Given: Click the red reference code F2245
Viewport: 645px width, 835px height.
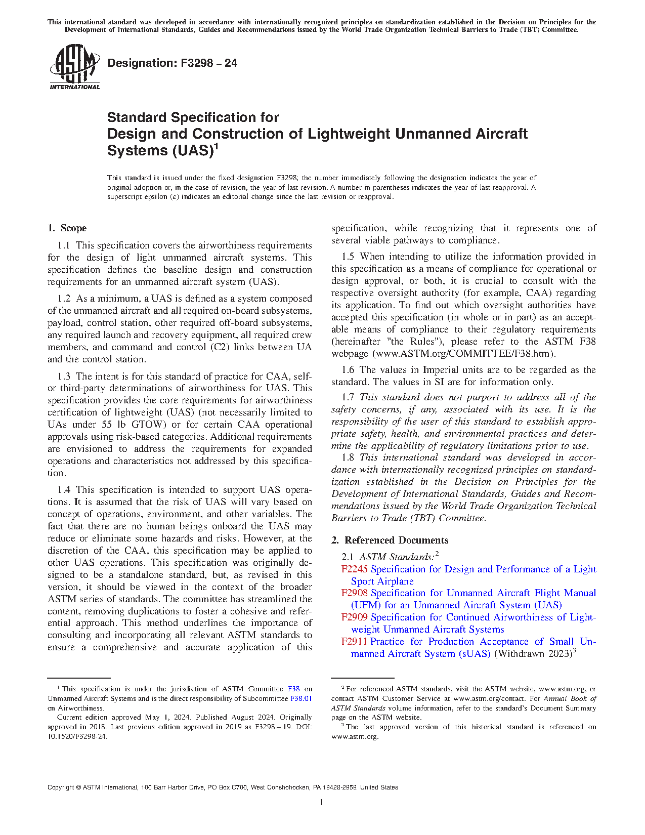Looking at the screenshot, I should (x=354, y=569).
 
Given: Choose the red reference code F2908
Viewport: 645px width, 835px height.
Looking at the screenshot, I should (x=354, y=593).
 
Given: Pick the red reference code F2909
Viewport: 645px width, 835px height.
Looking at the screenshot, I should (x=354, y=617).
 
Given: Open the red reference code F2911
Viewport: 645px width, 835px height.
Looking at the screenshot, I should (x=354, y=642).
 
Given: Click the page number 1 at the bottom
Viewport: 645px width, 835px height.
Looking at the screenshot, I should (x=322, y=802).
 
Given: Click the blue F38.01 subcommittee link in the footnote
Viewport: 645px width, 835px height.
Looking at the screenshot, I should (x=301, y=698).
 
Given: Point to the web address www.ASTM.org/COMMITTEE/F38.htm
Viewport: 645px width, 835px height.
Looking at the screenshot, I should (x=464, y=354).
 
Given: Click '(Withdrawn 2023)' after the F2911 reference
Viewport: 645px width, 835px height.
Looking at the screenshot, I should (x=533, y=654).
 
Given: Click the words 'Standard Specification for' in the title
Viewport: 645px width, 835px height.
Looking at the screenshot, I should (x=193, y=117).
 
